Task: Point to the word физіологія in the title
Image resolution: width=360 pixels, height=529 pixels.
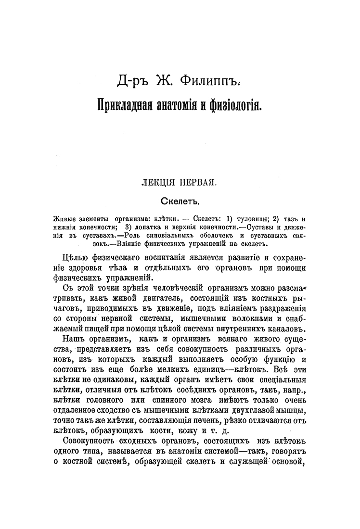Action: coord(236,104)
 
